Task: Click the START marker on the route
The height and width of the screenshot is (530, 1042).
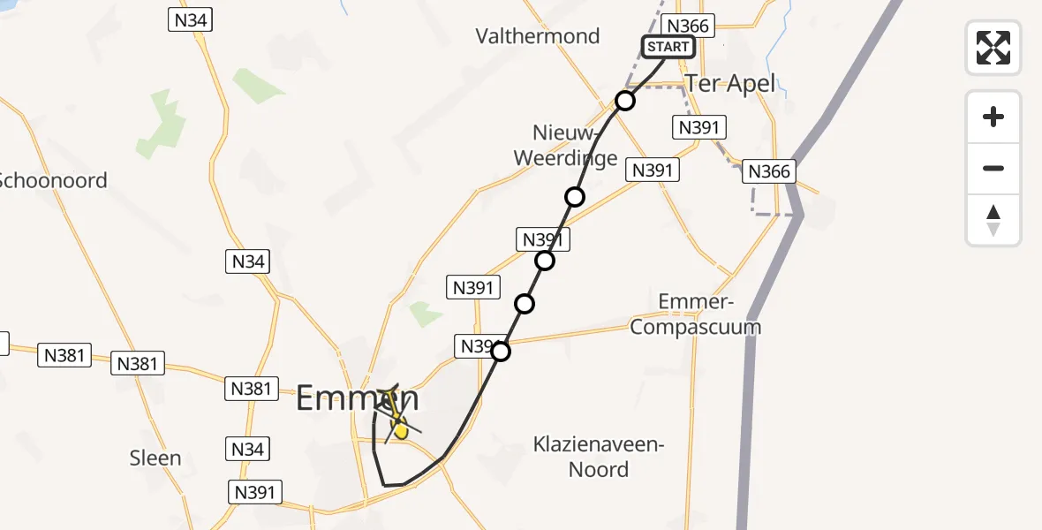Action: coord(668,47)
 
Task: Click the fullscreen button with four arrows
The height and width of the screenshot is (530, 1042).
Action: coord(993,47)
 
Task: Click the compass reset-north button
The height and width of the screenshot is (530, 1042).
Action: coord(993,220)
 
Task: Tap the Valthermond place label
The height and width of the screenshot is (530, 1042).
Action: coord(537,36)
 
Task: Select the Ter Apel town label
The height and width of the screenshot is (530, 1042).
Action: coord(729,84)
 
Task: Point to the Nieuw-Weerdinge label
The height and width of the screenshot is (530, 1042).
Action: coord(575,146)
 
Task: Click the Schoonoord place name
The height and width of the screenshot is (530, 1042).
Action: coord(53,180)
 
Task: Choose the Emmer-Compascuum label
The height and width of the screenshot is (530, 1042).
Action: coord(709,315)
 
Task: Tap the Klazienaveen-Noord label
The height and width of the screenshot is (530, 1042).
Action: coord(598,457)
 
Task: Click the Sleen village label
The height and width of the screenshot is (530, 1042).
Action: coord(155,458)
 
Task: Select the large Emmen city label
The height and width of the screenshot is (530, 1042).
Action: coord(356,398)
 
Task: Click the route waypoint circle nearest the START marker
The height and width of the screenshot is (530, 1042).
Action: coord(625,101)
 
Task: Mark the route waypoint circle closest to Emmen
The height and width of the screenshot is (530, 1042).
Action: coord(501,352)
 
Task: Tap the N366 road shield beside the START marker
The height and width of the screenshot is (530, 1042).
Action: coord(688,26)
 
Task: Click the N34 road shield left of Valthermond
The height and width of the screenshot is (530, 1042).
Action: coord(190,19)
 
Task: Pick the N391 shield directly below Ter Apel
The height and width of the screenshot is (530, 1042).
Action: coord(698,127)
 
